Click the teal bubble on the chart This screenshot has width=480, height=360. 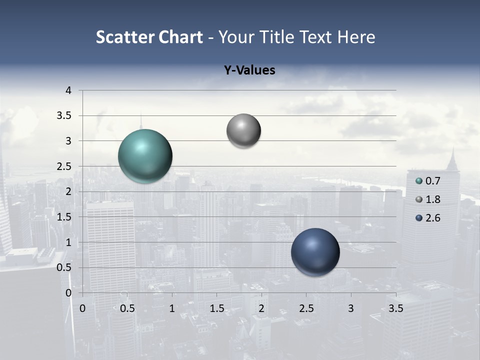[x=145, y=156]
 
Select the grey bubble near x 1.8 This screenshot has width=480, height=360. [x=243, y=131]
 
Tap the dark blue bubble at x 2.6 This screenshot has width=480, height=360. [x=315, y=252]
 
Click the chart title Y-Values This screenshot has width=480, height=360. [x=249, y=70]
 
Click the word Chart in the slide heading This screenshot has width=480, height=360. [x=180, y=37]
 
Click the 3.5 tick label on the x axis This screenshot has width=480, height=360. [x=395, y=308]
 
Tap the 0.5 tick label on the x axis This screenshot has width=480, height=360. [x=127, y=308]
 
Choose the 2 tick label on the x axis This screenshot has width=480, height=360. [x=261, y=308]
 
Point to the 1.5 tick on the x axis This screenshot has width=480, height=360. [x=217, y=308]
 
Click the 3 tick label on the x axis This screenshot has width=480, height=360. [x=351, y=308]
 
